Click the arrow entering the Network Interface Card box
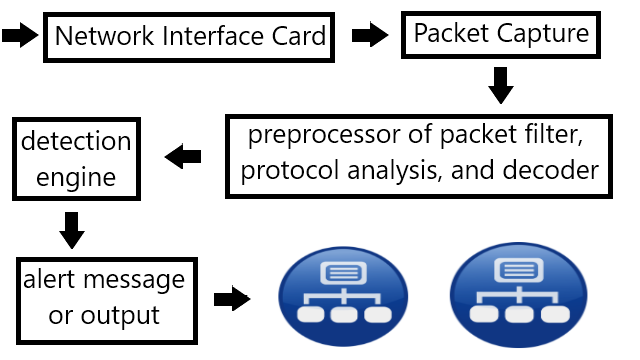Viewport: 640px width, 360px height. click(x=20, y=35)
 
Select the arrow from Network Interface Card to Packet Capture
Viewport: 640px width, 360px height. click(x=370, y=35)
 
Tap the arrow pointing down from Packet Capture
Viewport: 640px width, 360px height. click(x=501, y=85)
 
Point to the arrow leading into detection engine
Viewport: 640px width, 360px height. click(x=183, y=156)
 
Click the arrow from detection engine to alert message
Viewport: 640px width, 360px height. click(x=72, y=230)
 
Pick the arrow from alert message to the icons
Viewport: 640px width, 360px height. click(x=232, y=298)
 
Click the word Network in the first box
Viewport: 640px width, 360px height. click(x=104, y=36)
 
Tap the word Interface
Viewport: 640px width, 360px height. click(x=213, y=36)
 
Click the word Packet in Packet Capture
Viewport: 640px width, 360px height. click(x=451, y=33)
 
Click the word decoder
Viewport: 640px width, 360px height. click(x=551, y=169)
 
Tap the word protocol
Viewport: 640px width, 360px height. click(x=290, y=171)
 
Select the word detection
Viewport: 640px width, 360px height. click(x=76, y=141)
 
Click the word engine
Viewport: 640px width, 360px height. click(x=76, y=178)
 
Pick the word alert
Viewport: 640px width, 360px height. click(x=49, y=279)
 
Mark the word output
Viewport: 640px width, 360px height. click(x=120, y=316)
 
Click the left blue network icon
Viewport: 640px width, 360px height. click(x=343, y=297)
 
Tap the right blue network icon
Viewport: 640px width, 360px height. click(x=519, y=295)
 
